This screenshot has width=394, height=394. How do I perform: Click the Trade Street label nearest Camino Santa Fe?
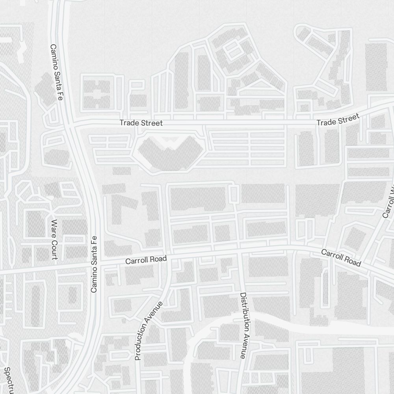pos(141,123)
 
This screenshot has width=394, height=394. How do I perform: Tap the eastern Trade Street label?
pos(338,120)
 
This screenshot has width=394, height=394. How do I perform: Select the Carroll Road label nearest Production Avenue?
pos(146,260)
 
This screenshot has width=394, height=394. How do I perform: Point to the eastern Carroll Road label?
pos(341,258)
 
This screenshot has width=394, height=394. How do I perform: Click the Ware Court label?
pos(54,240)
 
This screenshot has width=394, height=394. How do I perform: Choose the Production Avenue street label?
pos(148,331)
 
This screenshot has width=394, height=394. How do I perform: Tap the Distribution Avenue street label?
pos(243,325)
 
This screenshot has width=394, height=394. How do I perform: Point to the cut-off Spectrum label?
pos(8,379)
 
